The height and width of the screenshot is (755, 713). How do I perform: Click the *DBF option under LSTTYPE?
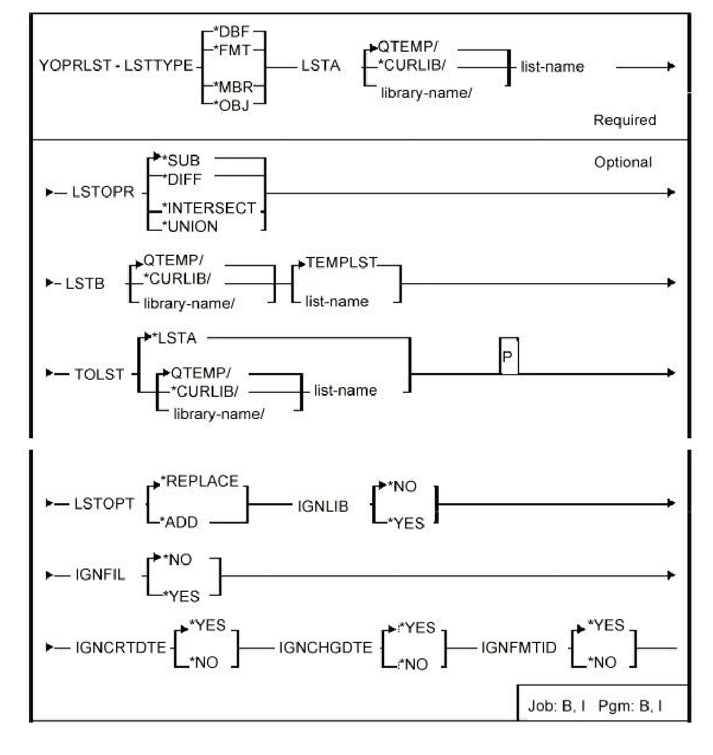[x=232, y=32]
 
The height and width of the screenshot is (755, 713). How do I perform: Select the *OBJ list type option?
[x=232, y=105]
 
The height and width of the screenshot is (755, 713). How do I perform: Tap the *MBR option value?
[x=233, y=88]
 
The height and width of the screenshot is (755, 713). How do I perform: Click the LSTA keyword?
[x=320, y=66]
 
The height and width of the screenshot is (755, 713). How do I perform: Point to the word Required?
[x=624, y=120]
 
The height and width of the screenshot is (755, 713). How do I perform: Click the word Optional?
[x=623, y=163]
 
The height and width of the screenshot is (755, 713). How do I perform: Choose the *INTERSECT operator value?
[x=209, y=208]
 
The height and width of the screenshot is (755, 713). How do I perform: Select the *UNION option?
[x=190, y=226]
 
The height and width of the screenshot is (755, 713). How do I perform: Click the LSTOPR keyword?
[x=103, y=192]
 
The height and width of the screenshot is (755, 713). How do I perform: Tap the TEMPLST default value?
[x=341, y=263]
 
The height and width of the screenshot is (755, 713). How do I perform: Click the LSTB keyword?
[x=85, y=283]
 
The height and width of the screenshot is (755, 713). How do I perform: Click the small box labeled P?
[x=508, y=357]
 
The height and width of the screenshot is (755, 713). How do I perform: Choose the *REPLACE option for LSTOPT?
[x=200, y=482]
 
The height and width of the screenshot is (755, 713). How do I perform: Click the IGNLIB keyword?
[x=323, y=506]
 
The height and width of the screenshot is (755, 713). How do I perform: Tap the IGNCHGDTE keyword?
[x=325, y=648]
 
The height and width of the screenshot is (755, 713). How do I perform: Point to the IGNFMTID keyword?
[x=518, y=648]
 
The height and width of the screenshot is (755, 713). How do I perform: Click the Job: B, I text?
[x=556, y=706]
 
